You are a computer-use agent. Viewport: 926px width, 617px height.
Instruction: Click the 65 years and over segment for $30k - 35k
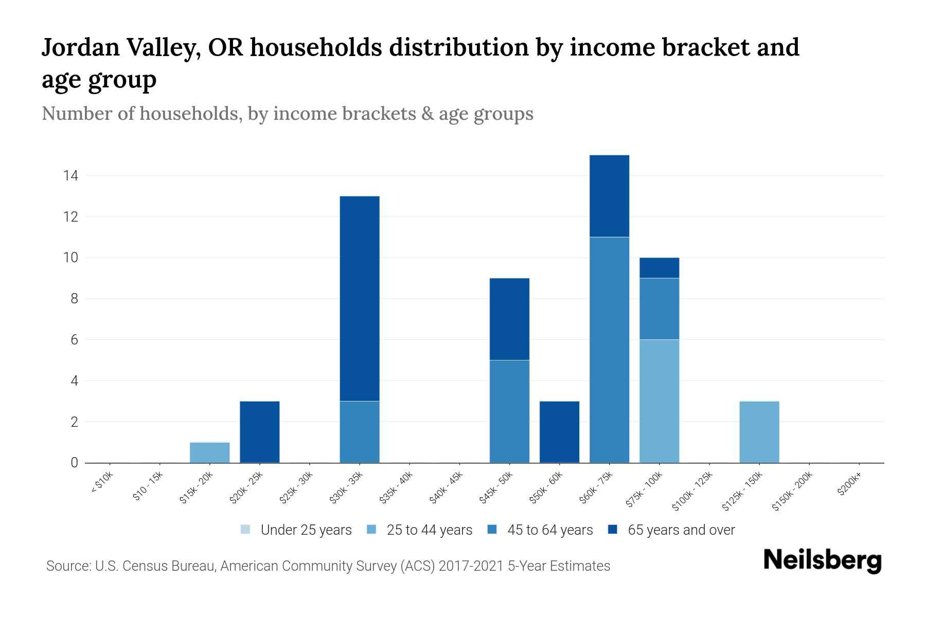360,298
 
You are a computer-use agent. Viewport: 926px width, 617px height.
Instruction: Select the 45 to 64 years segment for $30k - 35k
360,432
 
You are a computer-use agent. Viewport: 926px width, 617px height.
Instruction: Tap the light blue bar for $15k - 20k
209,452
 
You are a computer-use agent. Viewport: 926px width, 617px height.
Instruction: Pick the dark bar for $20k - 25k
259,432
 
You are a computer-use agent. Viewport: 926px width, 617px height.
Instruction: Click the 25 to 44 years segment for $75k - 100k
659,401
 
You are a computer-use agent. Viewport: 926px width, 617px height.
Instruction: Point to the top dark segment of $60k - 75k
609,196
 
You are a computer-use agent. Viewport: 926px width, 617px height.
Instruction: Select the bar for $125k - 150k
759,432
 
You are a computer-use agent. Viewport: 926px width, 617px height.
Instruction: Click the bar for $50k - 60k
559,432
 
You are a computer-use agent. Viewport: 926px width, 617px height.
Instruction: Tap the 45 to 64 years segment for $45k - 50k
509,411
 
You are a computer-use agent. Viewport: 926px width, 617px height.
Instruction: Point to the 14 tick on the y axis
70,176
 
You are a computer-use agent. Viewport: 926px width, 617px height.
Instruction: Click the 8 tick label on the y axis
74,299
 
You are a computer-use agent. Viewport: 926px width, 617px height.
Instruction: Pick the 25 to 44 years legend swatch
371,530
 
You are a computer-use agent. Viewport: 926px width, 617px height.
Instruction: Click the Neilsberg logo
822,560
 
